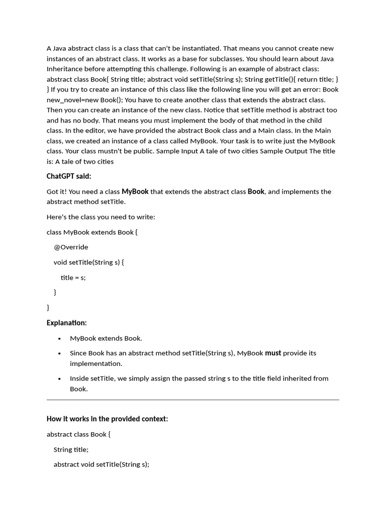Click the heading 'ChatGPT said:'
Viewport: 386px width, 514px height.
coord(69,176)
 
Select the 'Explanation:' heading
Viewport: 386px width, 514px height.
coord(66,323)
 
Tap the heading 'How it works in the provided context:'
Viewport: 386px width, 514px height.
coord(107,419)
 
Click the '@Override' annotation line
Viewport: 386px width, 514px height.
coord(71,247)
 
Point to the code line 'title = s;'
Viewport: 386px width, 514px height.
coord(73,278)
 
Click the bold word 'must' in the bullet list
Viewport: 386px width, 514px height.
coord(273,353)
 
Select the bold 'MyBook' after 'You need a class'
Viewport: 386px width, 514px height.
coord(135,191)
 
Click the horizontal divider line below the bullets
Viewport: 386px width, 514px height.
coord(192,400)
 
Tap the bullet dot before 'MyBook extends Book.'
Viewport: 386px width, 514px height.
coord(60,339)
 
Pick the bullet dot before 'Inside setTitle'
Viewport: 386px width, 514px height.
coord(60,379)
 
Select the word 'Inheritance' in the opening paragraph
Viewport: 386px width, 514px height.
coord(64,69)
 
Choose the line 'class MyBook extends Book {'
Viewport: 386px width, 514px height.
coord(91,232)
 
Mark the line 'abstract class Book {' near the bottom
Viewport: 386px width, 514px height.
coord(78,434)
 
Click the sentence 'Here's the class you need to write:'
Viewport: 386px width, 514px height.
coord(101,217)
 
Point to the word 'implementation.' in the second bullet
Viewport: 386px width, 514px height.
coord(96,363)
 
